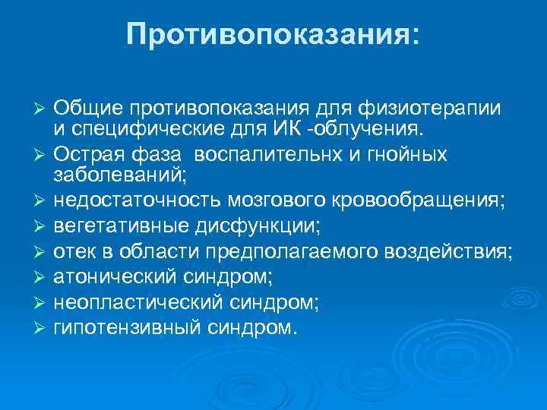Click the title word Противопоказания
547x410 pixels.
tap(272, 33)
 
